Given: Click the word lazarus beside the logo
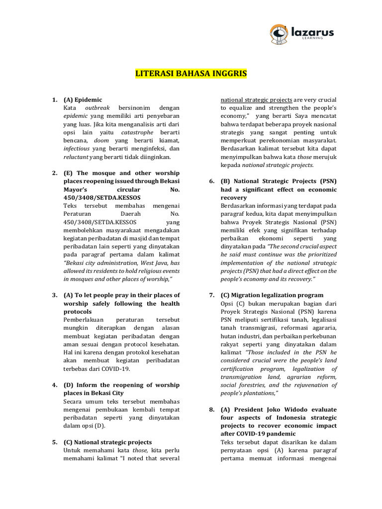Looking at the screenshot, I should [312, 32].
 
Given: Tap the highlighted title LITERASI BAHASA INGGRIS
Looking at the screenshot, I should [191, 74].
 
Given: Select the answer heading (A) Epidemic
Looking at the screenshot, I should [83, 100].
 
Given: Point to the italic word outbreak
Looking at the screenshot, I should [96, 108].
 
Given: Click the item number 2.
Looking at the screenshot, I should [55, 173].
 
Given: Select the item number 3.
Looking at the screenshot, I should [55, 295].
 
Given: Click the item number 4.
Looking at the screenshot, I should [55, 385].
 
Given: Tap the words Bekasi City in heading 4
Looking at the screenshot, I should [106, 393].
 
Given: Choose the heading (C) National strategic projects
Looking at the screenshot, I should [107, 442].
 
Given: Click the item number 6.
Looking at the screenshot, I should [212, 181].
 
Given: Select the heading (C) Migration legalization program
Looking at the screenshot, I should [272, 295].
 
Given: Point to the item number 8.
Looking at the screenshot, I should [212, 410].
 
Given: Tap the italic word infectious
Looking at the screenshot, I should [77, 149].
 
